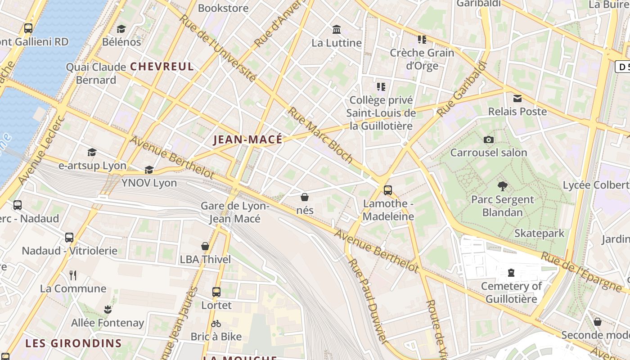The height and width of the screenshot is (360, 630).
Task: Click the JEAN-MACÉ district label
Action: coord(248,139)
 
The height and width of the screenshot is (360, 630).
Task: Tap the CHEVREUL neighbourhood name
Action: coord(162,67)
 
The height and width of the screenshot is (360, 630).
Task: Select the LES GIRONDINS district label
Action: coord(73,343)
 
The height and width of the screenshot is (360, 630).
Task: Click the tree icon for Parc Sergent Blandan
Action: coord(502,186)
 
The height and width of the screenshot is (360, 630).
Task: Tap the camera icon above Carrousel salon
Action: coord(488,139)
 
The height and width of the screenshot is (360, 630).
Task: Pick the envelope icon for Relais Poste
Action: coord(517,98)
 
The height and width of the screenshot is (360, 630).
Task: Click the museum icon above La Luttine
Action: coord(336,30)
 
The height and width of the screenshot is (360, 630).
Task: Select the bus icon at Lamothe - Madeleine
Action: coord(387,190)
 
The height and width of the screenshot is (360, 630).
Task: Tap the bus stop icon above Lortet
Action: coord(216,292)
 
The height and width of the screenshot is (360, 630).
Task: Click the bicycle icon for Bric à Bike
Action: coord(216,324)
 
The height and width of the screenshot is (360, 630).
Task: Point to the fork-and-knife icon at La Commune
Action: coord(73,275)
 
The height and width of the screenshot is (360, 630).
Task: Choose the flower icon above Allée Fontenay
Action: coord(108,309)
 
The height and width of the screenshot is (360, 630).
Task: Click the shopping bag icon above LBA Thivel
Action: coord(205,246)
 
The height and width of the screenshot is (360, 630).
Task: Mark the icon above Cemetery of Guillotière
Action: coord(511,273)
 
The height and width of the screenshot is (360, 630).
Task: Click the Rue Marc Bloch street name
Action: coord(320,135)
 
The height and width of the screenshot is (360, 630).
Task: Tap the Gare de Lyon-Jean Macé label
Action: coord(234,212)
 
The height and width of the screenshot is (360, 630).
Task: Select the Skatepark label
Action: coord(539,233)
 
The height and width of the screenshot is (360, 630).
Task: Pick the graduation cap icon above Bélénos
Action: coord(121,29)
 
